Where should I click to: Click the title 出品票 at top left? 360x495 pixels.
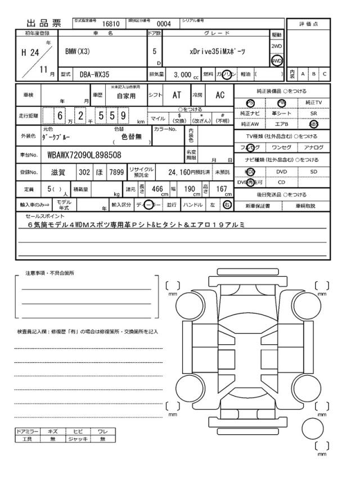46,24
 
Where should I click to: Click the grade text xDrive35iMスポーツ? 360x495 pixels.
213,50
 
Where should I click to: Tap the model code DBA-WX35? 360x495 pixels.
95,74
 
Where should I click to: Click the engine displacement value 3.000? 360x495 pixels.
182,74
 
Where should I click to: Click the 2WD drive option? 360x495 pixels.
277,47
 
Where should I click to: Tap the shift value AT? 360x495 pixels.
176,96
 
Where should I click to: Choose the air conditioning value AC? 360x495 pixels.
220,96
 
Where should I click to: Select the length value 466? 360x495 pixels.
157,190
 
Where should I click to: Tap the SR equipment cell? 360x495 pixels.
314,114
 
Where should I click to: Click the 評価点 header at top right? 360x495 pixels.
308,24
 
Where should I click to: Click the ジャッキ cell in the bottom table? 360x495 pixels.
74,439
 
